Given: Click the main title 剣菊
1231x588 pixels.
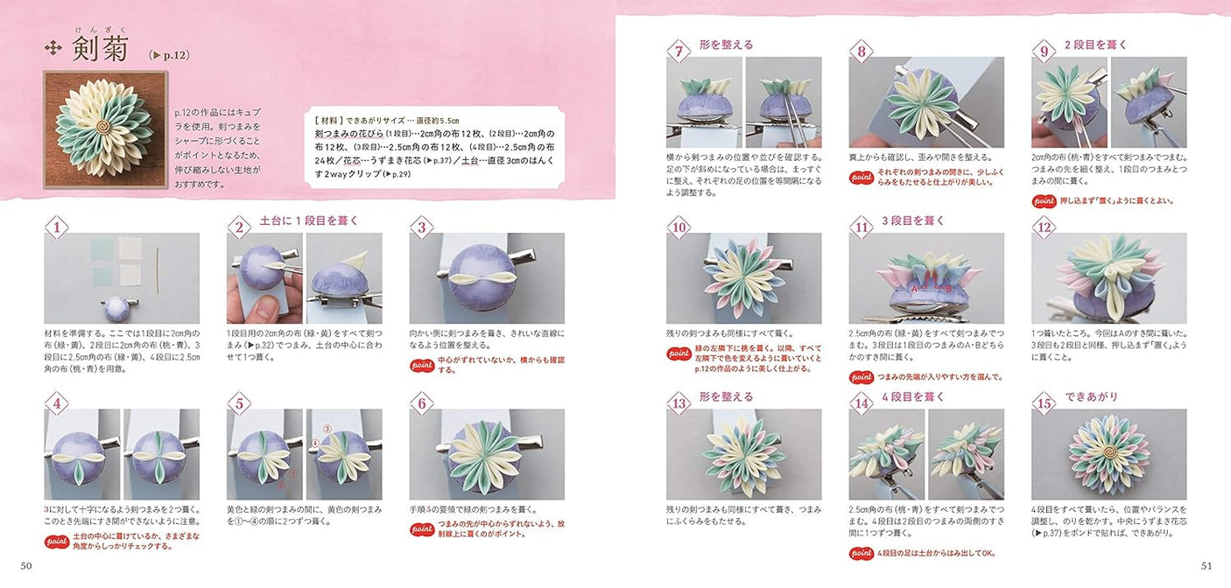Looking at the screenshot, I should click(x=100, y=48).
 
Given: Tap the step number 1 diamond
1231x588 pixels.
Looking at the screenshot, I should click(x=56, y=229).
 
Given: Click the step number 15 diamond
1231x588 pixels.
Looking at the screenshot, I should click(x=1043, y=404).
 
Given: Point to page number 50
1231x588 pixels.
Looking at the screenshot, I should click(x=26, y=565).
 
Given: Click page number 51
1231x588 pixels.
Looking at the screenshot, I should click(x=1206, y=565).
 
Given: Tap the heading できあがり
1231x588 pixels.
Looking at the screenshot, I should click(x=1091, y=396).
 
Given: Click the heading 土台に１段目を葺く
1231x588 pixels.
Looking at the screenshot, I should click(x=309, y=220).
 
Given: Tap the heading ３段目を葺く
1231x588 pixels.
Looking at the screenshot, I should click(x=912, y=220).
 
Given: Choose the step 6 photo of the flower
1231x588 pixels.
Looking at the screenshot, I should click(x=486, y=454).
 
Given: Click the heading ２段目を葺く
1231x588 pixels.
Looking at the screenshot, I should click(x=1095, y=45).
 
